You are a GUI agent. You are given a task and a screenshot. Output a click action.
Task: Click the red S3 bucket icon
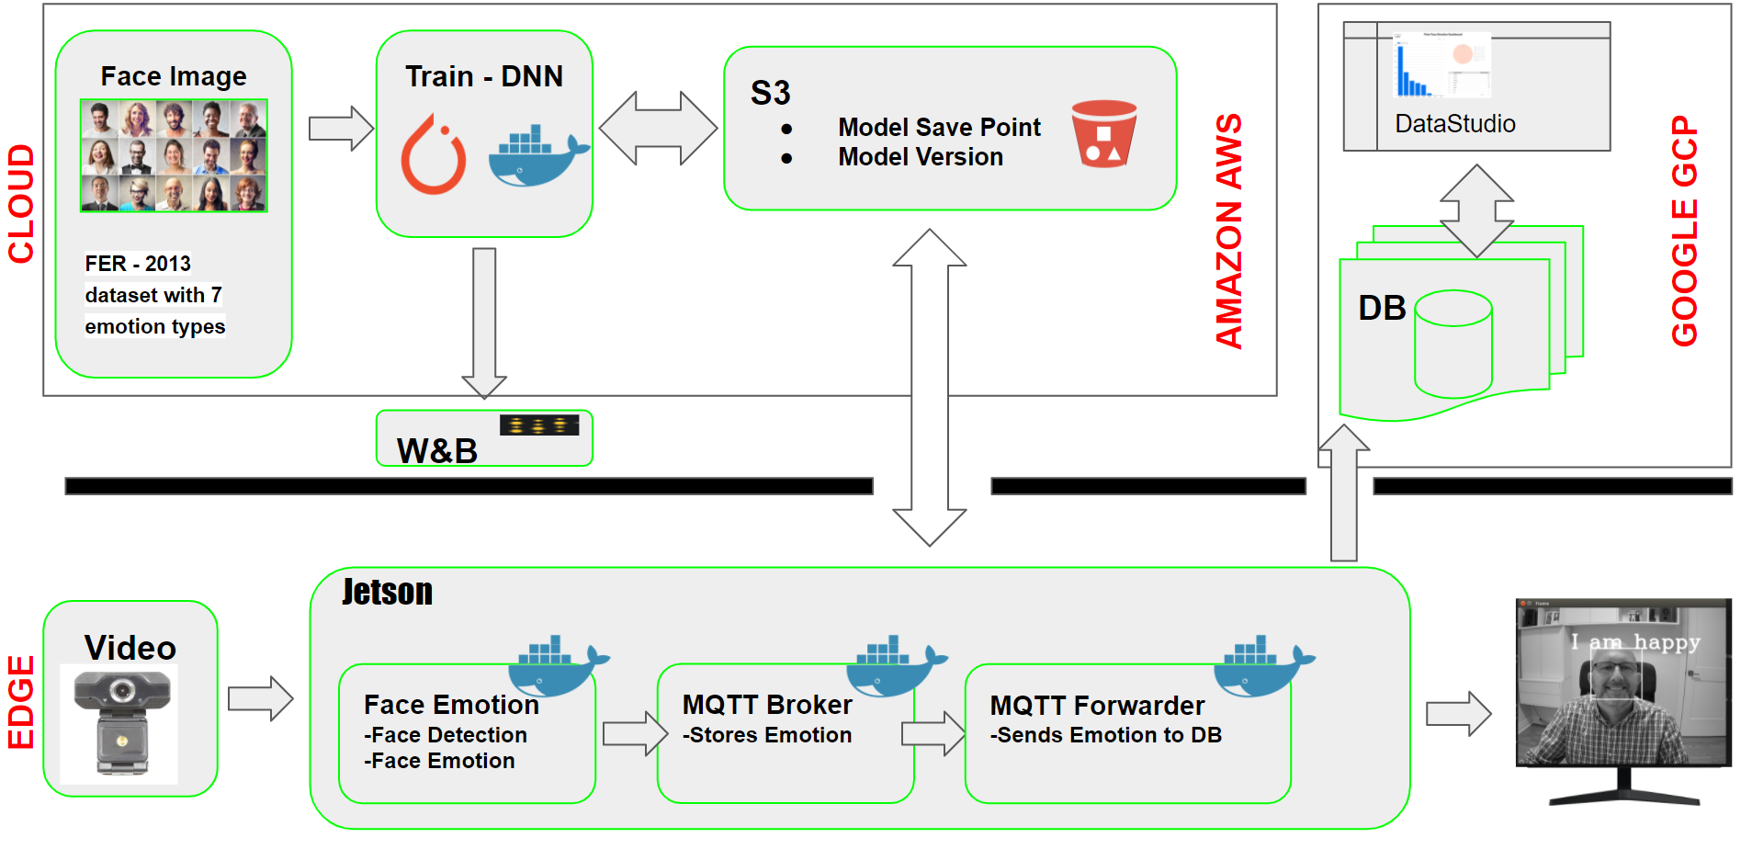1103,133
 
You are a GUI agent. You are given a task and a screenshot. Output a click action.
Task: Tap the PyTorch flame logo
434,154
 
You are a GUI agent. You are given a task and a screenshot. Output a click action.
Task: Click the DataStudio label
1454,124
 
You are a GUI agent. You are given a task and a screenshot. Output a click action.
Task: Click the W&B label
437,450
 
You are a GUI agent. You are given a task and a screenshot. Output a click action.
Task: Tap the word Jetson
387,592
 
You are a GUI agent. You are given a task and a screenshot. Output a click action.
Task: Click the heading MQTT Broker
766,705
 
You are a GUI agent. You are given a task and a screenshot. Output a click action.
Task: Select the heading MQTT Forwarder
1096,706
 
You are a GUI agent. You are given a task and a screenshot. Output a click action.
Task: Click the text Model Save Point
939,127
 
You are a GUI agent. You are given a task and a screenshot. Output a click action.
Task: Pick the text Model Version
920,157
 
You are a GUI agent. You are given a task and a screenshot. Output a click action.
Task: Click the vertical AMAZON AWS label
1228,231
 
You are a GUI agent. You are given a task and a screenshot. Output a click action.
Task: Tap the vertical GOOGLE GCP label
1684,231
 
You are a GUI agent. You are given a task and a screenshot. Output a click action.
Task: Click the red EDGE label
21,703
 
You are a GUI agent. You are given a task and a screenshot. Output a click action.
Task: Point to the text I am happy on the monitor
1634,642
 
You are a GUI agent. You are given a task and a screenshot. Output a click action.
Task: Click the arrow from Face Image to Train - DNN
341,128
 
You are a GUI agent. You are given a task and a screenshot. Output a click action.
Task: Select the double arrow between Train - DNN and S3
658,128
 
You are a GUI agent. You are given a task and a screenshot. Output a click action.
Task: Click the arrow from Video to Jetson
260,698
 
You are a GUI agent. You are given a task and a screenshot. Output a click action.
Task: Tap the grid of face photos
174,155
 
